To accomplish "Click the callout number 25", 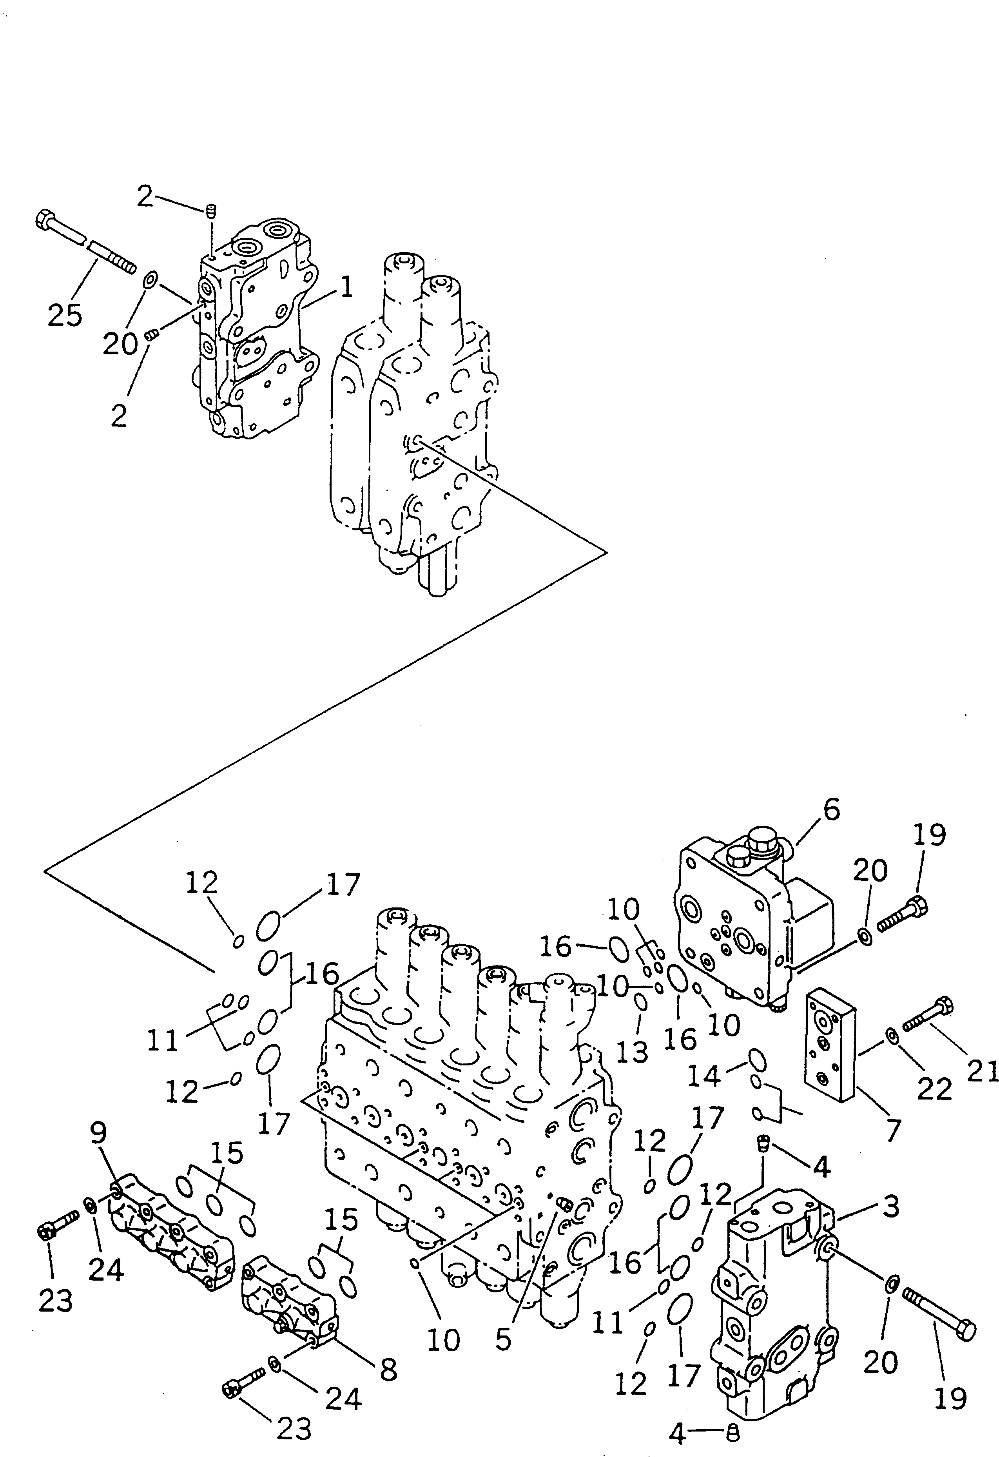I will pyautogui.click(x=65, y=315).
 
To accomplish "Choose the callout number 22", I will pyautogui.click(x=934, y=1089).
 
